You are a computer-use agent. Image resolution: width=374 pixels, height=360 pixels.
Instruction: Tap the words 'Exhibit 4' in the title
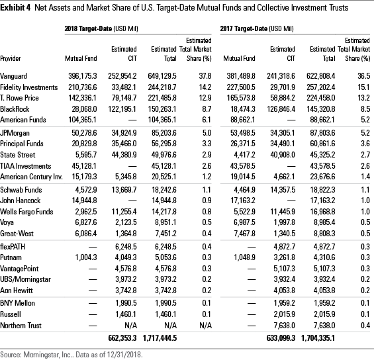click(x=17, y=9)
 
